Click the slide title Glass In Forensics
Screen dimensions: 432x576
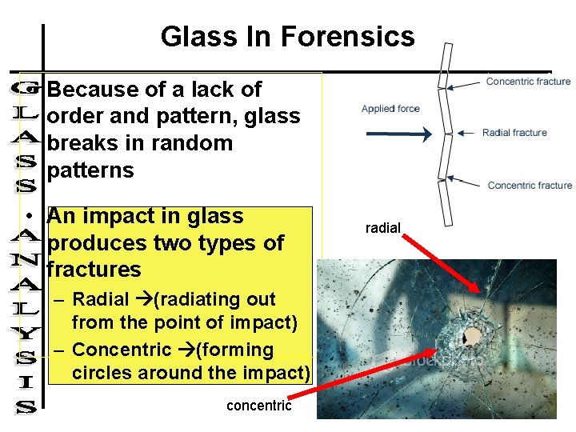[287, 37]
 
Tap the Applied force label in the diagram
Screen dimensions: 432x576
[390, 109]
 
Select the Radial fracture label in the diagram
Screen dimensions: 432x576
[514, 133]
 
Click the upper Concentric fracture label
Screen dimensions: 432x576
[528, 81]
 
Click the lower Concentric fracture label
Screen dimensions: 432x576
[530, 186]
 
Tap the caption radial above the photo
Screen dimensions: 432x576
[382, 228]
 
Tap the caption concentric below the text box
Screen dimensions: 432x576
[258, 406]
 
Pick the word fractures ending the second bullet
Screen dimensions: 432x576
[94, 269]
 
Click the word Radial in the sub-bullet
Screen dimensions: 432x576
[100, 300]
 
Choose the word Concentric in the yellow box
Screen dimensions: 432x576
[122, 350]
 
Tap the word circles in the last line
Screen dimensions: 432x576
[101, 373]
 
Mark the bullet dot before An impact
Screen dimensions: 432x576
[29, 218]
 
